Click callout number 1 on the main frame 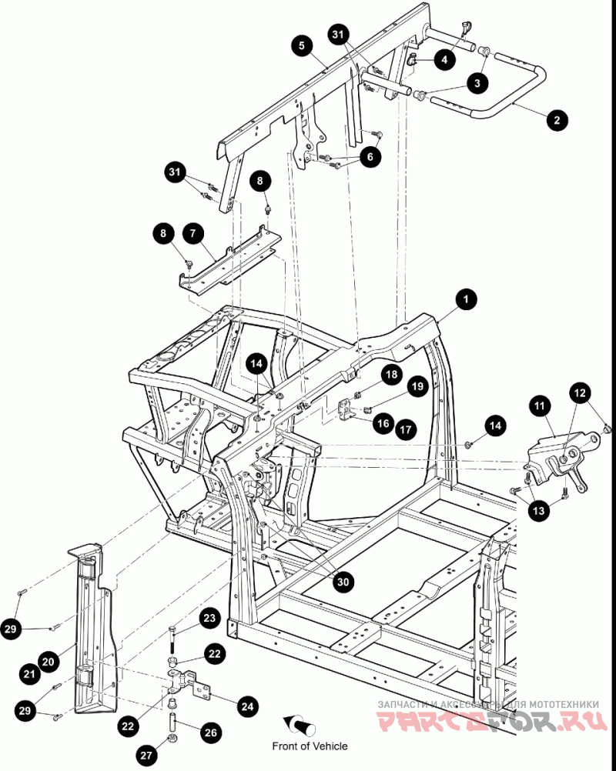tap(464, 299)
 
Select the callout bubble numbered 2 tap(557, 120)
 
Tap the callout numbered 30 tap(343, 582)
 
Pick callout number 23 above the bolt tap(210, 617)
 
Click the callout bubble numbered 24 tap(247, 705)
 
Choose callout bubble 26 tap(210, 733)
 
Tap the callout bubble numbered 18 tap(392, 375)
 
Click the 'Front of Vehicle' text tap(310, 746)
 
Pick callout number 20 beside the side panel tap(48, 660)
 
